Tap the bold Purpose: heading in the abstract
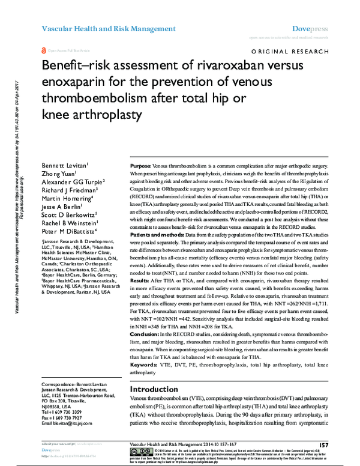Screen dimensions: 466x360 pyautogui.click(x=141, y=165)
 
